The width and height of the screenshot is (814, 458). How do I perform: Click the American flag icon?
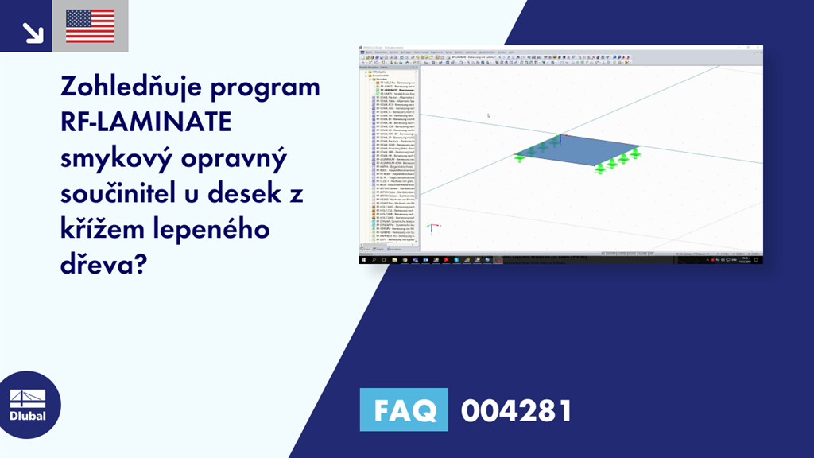coord(90,26)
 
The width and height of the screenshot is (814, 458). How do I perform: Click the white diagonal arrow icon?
coord(33,32)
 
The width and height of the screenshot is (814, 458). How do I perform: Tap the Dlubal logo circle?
coord(28,404)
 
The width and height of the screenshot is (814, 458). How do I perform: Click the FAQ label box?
coord(404,410)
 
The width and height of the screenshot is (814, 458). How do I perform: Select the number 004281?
coord(516,410)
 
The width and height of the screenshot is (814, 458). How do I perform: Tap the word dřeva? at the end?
coord(102,265)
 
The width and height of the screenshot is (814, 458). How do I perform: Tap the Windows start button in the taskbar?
coord(364,259)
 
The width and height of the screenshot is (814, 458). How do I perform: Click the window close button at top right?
coord(758,48)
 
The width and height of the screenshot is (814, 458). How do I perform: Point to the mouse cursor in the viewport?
coord(488,115)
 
